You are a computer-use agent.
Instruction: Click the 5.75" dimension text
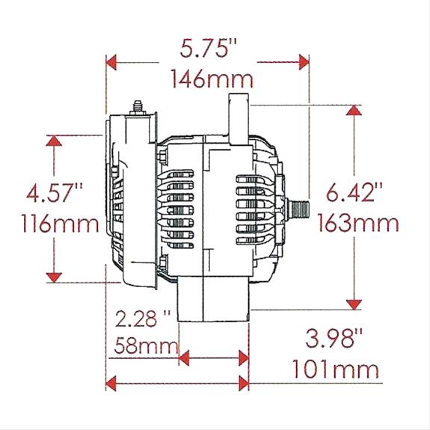pos(209,49)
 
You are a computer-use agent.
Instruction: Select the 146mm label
pos(212,78)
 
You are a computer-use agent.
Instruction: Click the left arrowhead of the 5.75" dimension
pos(112,62)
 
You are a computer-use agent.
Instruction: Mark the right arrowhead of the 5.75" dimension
pos(304,62)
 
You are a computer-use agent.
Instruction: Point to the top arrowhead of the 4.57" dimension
pos(54,141)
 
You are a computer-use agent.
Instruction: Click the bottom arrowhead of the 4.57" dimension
pos(54,277)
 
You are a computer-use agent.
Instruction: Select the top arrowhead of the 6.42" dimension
pos(354,110)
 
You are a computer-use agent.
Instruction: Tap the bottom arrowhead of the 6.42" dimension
pos(354,304)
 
